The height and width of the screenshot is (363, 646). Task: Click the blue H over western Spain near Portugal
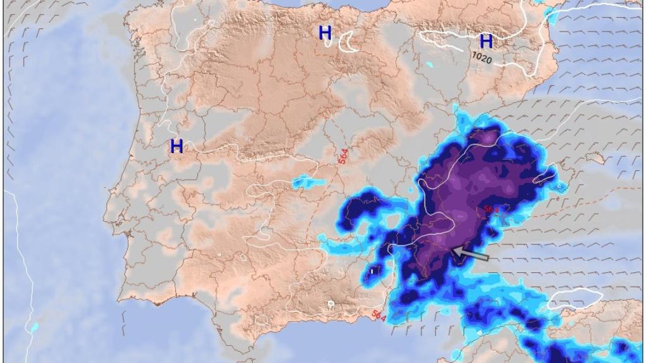177,147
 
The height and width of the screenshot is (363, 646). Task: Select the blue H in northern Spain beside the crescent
325,33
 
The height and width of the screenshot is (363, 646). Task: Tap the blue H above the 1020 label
486,42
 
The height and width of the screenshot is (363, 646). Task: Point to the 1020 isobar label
482,57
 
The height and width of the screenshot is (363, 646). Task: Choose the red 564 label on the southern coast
379,314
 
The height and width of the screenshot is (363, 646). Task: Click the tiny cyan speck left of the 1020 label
430,64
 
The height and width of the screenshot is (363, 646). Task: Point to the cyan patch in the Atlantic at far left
35,327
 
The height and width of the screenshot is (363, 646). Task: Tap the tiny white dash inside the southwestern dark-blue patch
372,271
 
